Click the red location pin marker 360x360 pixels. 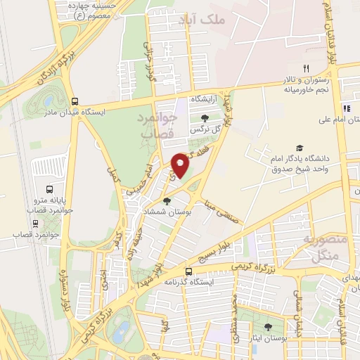pos(181,166)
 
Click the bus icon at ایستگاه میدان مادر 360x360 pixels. pos(75,101)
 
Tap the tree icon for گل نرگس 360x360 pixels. pos(205,118)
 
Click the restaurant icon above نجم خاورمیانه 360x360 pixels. pos(306,67)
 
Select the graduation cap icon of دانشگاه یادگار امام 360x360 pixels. pos(300,148)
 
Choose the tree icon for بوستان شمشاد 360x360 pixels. pos(166,201)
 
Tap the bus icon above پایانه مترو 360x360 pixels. pos(49,189)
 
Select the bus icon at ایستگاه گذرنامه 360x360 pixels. pos(188,271)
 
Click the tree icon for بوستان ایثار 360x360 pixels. pos(267,327)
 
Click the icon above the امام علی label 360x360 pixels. pos(346,108)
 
